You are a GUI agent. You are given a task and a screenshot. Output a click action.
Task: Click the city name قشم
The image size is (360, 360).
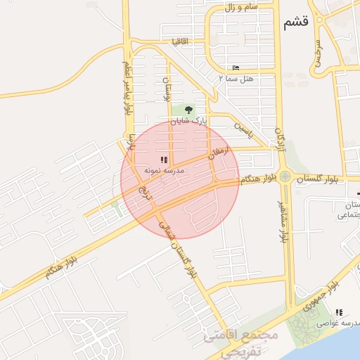coord(296,23)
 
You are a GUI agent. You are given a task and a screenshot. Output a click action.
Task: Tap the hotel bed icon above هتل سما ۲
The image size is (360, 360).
coord(236,67)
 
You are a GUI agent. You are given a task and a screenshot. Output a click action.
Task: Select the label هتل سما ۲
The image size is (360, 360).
coord(236,79)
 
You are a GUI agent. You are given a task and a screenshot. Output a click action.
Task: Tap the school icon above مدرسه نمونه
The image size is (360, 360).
coord(164,160)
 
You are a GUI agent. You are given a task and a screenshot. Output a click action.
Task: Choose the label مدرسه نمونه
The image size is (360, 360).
coord(164,171)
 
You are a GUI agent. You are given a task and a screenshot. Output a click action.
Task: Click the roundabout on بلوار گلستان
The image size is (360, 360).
coord(284,176)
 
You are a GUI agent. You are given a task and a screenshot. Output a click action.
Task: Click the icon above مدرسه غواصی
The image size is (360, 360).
coord(339,312)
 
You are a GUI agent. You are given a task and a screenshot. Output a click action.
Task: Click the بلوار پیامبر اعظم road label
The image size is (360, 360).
coord(127,88)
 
